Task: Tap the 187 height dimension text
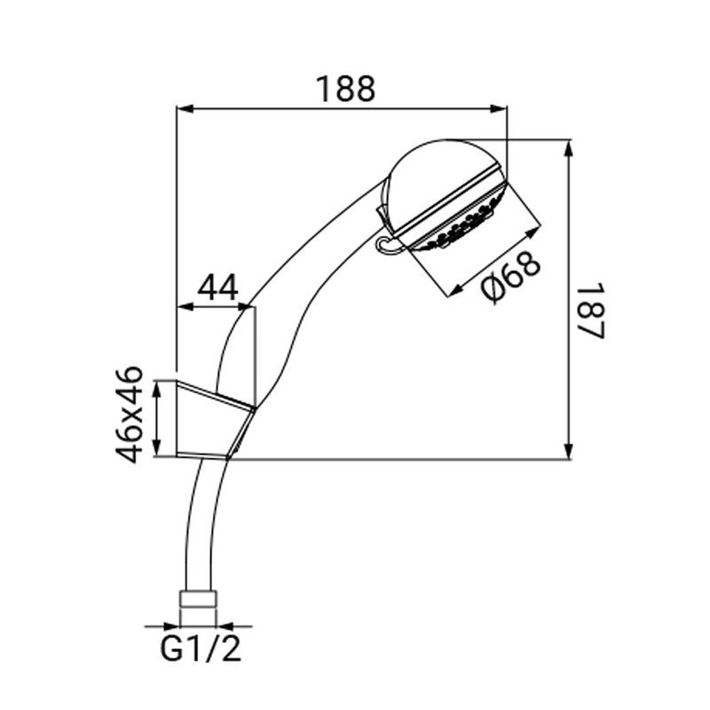591,311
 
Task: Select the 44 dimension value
218,288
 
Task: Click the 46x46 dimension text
129,414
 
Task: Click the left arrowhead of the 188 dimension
185,108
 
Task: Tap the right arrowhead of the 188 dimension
499,108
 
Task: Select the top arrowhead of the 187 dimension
570,148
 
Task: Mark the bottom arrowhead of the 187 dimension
570,450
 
